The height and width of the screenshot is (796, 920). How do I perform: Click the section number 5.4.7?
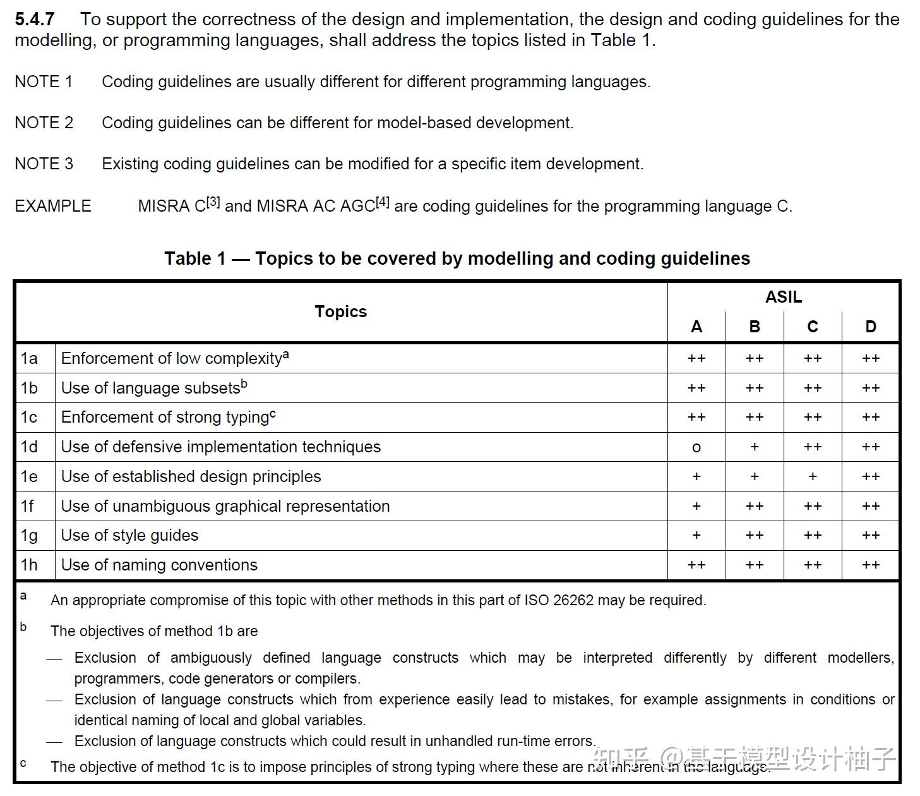(34, 20)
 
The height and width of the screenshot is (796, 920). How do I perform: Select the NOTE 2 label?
(44, 123)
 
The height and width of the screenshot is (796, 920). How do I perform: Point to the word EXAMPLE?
(53, 206)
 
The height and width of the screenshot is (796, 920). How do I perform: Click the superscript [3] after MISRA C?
(213, 202)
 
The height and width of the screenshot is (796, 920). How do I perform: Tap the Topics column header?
(340, 311)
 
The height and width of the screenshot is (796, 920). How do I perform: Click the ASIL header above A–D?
(783, 297)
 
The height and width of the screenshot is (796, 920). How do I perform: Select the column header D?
(870, 327)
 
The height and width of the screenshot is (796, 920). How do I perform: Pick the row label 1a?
(29, 358)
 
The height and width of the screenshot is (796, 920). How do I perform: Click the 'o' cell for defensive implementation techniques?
(696, 447)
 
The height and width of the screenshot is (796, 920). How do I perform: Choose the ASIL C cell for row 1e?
(812, 476)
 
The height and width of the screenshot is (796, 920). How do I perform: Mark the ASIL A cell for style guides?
(696, 535)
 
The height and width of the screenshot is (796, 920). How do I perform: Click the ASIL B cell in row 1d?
(754, 447)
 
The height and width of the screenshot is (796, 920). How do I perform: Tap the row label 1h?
(29, 565)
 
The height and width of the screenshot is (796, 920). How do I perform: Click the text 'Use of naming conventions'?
(159, 565)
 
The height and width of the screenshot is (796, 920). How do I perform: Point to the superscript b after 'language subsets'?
(244, 384)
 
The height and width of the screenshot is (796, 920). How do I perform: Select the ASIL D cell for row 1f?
(870, 506)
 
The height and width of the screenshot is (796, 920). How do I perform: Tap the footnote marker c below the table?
(23, 763)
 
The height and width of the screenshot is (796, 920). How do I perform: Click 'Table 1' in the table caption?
(194, 258)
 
